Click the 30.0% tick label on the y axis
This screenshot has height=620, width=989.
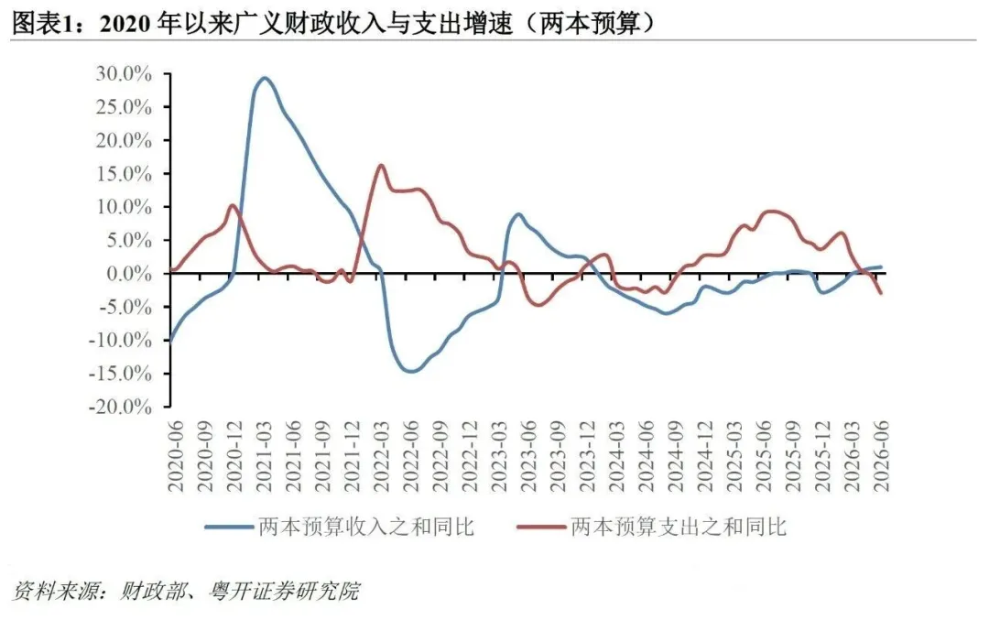(x=124, y=74)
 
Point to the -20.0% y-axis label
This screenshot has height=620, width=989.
(x=120, y=407)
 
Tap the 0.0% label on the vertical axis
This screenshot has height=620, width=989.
(x=129, y=274)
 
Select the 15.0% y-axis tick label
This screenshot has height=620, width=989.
(x=124, y=173)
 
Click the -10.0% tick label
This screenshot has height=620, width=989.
(x=120, y=340)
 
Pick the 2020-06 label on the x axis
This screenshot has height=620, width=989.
(x=175, y=457)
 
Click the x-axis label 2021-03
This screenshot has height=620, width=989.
(x=263, y=457)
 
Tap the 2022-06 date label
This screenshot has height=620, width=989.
(x=410, y=457)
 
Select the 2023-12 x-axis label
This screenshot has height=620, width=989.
(x=587, y=457)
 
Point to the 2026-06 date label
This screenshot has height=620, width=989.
(x=881, y=457)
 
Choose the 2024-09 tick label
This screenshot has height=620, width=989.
(x=676, y=457)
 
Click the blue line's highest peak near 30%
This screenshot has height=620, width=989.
(x=265, y=78)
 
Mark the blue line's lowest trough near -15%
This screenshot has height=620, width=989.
(x=410, y=371)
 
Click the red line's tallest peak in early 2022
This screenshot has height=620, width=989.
(x=381, y=165)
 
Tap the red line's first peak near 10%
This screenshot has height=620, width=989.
(x=233, y=205)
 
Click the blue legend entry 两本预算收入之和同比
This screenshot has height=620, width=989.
(x=340, y=527)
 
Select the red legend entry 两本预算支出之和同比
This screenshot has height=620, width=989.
(x=652, y=527)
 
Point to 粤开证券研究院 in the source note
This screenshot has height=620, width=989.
(x=285, y=591)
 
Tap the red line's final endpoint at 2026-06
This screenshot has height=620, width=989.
(x=881, y=293)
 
